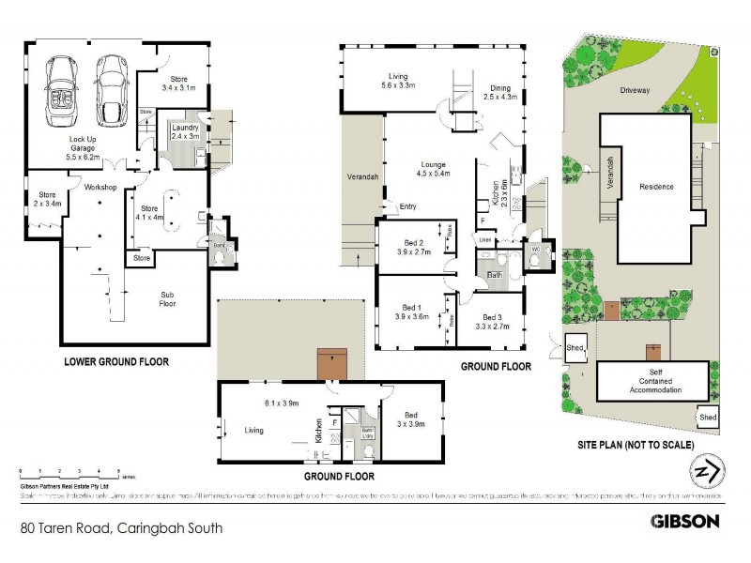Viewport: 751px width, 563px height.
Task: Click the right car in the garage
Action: point(112,91)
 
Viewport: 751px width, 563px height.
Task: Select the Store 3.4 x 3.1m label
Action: point(177,84)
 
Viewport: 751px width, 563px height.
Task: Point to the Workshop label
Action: point(100,188)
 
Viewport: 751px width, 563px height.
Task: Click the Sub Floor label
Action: point(169,298)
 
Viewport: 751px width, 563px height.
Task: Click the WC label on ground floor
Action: point(535,250)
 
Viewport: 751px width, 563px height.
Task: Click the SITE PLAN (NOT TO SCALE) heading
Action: point(635,444)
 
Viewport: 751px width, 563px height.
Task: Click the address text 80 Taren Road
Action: point(121,528)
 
